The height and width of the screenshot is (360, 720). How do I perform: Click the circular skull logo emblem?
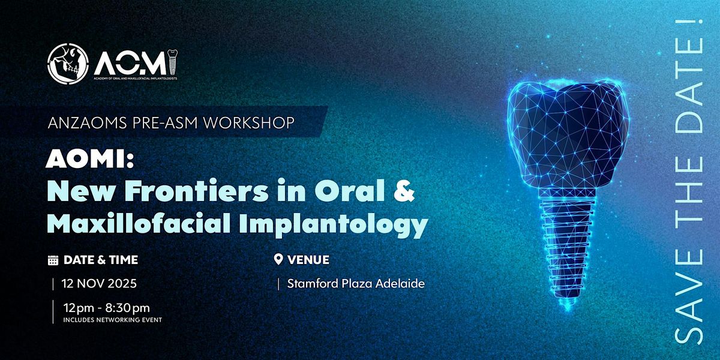pyautogui.click(x=67, y=64)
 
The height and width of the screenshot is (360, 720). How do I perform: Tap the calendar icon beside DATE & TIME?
pyautogui.click(x=53, y=260)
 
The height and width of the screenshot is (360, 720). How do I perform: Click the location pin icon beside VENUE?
pyautogui.click(x=278, y=259)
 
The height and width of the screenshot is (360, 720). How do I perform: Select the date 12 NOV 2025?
pyautogui.click(x=99, y=283)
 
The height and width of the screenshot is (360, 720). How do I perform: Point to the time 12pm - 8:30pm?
pyautogui.click(x=106, y=308)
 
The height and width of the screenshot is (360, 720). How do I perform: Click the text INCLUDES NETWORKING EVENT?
pyautogui.click(x=113, y=320)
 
